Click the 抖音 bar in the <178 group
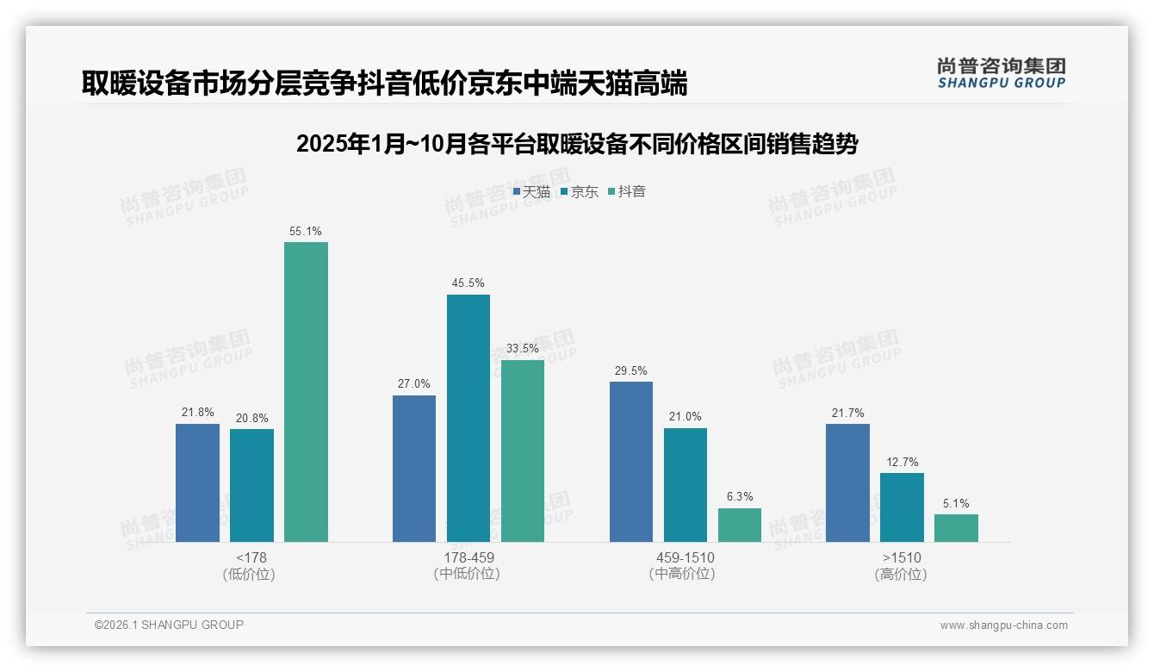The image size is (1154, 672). pos(306,392)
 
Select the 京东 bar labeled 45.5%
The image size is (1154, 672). pos(468,418)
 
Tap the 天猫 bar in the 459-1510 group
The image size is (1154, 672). pos(630,462)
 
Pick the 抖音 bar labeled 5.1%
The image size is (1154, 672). pos(956,528)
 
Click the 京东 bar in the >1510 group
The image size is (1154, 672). pos(902,507)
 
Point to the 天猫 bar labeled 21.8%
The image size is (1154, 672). pos(197,482)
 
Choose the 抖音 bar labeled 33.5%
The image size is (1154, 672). pos(522,451)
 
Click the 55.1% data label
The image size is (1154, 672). pos(306,232)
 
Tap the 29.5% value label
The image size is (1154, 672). pos(630,371)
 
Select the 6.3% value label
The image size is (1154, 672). pos(739,497)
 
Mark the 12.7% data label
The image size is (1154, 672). pos(902,463)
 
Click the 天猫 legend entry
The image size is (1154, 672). pos(531,192)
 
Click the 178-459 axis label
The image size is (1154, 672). pos(468,558)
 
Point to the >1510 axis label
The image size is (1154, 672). pos(902,558)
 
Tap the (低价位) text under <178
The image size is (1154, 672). pos(251,575)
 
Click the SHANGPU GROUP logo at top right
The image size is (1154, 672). pos(1001,73)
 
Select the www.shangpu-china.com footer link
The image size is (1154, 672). pos(1003,625)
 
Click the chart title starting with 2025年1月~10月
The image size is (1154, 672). pos(577,144)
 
